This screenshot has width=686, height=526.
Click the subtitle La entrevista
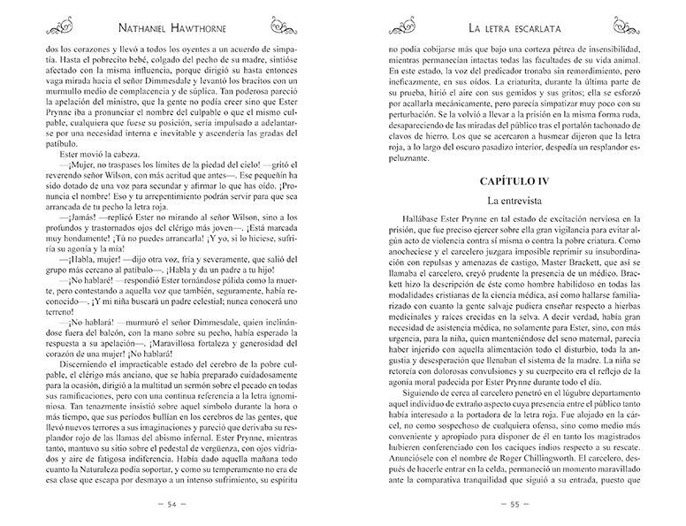[x=515, y=202]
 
